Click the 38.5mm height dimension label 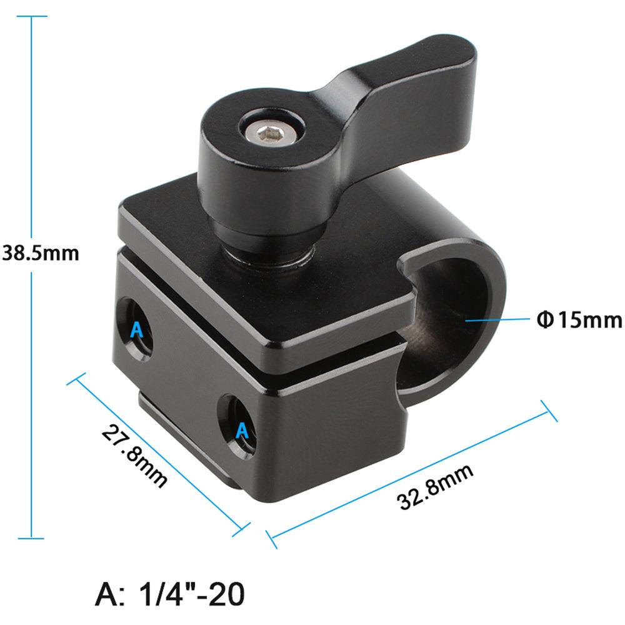coord(40,254)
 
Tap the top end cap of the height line coord(31,16)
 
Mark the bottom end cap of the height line coord(31,537)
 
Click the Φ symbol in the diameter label coord(543,320)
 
